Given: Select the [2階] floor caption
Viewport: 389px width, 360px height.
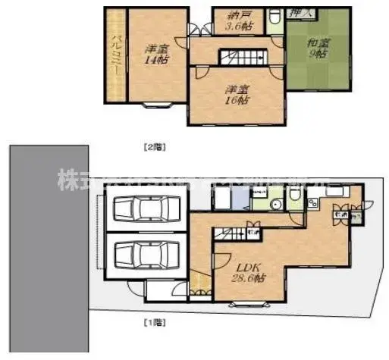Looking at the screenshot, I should pos(155,144).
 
